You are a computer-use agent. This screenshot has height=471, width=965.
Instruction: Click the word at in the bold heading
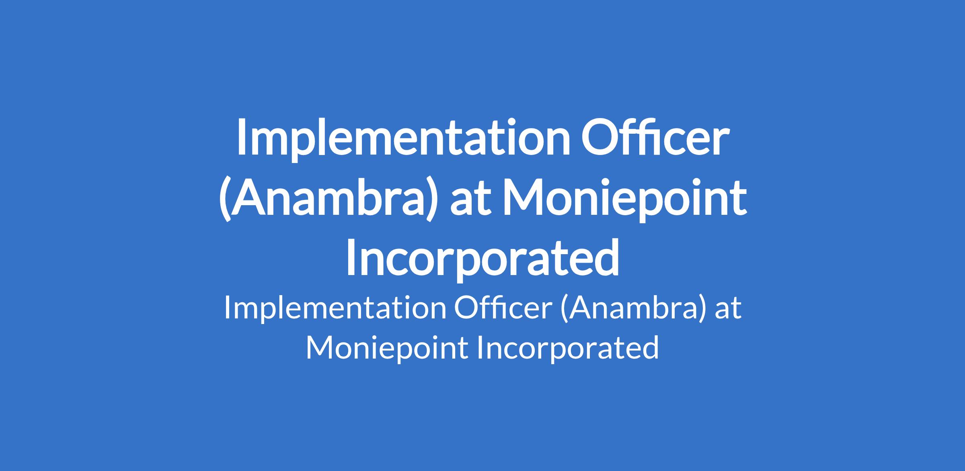click(471, 200)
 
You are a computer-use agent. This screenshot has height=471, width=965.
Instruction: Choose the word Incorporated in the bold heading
click(482, 258)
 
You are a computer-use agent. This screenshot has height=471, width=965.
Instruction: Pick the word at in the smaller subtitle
click(728, 311)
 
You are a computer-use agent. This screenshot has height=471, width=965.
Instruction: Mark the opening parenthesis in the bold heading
click(225, 198)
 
